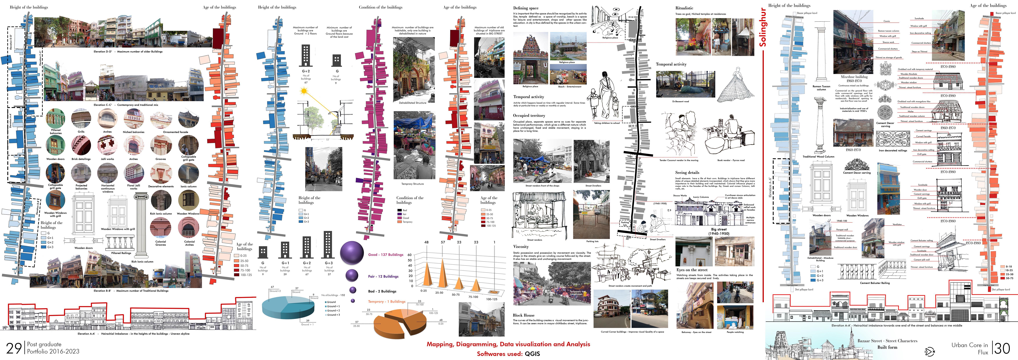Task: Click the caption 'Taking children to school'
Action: click(x=607, y=123)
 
